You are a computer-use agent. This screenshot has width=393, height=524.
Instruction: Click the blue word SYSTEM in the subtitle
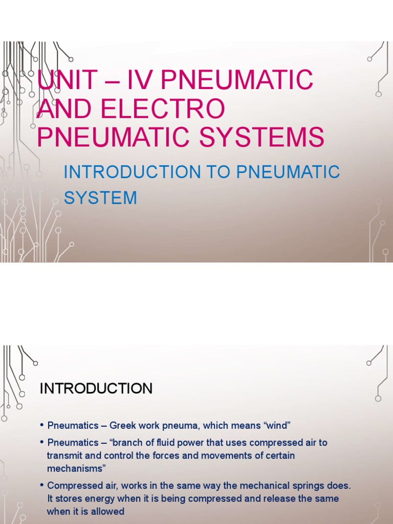[x=100, y=198]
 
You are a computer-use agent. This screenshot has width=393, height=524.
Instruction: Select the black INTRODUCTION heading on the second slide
[x=96, y=388]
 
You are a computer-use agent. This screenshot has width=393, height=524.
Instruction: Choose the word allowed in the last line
[x=108, y=511]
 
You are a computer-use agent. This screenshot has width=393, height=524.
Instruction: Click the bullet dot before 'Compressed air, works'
[x=41, y=485]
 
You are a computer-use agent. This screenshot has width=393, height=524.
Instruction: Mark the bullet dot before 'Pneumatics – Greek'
[x=41, y=426]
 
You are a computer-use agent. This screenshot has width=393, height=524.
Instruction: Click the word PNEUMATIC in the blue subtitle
[x=288, y=172]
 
